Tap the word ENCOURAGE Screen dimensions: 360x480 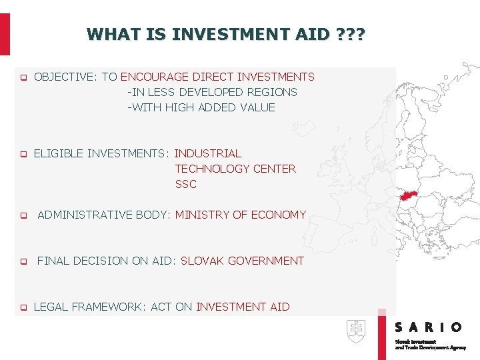tap(155, 77)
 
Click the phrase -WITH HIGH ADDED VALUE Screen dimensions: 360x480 tap(201, 107)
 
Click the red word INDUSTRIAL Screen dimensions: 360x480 tap(207, 153)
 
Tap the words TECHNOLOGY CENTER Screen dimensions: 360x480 tap(235, 169)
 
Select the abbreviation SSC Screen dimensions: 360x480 tap(186, 184)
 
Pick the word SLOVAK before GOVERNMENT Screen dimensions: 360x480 tap(202, 261)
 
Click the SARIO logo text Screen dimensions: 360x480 tap(428, 327)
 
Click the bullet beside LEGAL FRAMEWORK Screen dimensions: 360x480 tap(22, 308)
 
